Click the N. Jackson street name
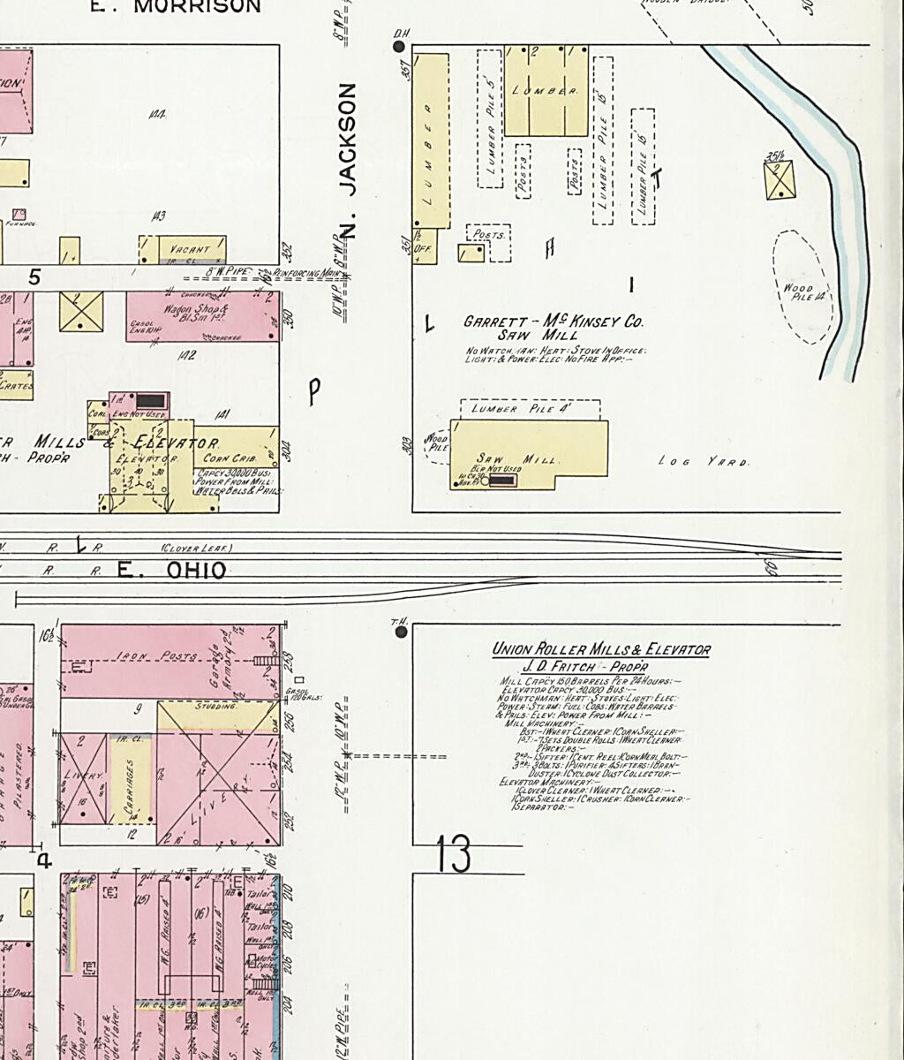348,161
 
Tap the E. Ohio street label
172,571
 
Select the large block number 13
453,853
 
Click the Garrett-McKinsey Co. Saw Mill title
554,329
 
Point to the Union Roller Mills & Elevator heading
601,650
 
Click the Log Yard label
704,462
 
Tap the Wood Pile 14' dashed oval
802,288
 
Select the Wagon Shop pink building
203,315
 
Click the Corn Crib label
225,458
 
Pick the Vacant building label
189,249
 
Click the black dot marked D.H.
399,46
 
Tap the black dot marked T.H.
402,632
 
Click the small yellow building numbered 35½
780,179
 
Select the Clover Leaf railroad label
196,548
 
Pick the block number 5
34,277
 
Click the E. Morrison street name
177,7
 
